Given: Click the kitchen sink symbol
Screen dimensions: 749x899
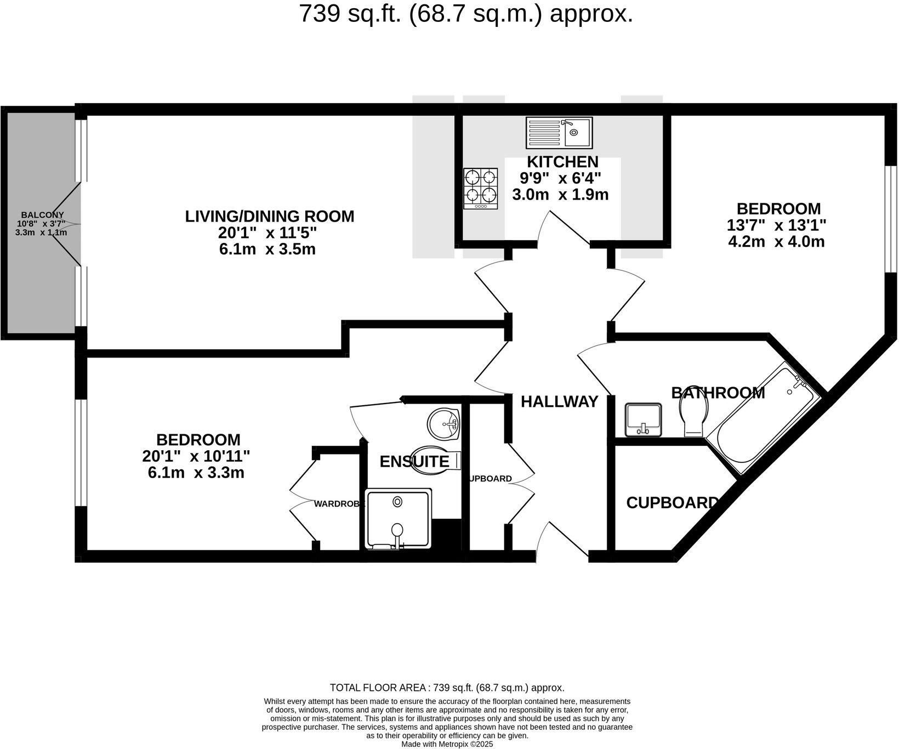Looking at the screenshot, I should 559,133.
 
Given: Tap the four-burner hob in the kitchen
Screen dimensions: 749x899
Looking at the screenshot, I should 481,188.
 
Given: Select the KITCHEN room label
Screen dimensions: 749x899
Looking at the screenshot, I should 562,162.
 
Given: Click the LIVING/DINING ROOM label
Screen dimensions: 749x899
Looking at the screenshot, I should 270,216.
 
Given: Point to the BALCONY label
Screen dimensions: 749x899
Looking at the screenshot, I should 42,215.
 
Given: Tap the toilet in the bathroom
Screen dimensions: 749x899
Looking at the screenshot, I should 695,415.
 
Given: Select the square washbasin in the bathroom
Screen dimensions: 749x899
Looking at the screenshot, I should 643,419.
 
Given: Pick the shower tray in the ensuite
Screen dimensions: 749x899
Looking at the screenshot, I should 398,520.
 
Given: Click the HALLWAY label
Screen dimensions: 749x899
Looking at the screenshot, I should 559,402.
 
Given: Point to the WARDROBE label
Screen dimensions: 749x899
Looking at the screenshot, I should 339,504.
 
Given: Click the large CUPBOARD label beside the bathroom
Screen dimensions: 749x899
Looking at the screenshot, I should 672,503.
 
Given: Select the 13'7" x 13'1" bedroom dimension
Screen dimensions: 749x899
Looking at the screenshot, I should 776,225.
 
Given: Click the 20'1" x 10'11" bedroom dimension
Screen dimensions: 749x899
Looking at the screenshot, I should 196,456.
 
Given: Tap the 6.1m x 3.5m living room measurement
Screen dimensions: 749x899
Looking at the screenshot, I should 268,249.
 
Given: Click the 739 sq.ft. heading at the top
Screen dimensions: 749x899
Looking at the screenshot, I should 466,14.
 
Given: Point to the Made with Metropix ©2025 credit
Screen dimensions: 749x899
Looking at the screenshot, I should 447,744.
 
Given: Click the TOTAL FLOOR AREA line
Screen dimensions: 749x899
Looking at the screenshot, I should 447,688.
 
